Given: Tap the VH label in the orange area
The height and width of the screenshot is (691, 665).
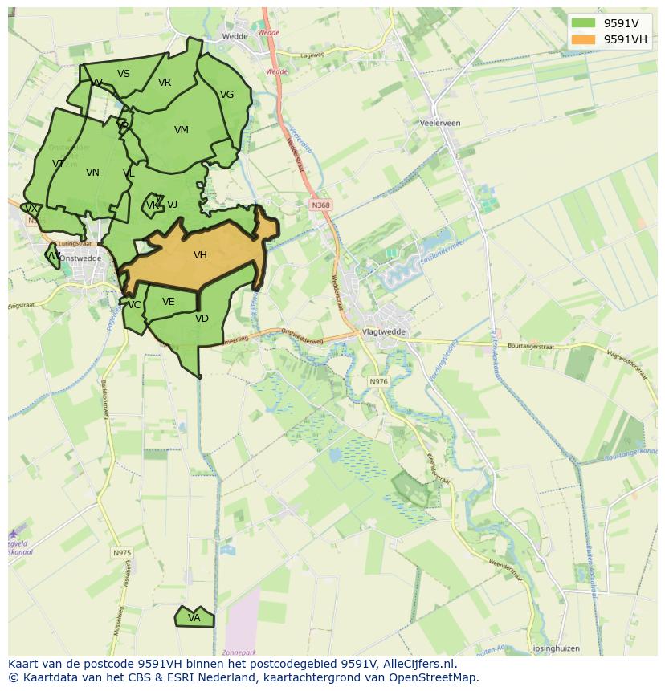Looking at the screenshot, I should (x=200, y=255).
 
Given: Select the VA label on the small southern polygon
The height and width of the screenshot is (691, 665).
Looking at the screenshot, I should (x=194, y=618).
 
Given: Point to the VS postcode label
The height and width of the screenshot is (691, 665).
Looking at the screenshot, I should (x=123, y=74).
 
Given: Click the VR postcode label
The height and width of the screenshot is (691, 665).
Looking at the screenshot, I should (x=165, y=83).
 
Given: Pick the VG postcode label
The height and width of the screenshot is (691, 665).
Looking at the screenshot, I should (x=227, y=95).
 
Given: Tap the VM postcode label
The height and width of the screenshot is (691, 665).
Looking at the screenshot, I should (x=182, y=130).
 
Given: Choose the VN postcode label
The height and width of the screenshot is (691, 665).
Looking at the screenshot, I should (x=92, y=173).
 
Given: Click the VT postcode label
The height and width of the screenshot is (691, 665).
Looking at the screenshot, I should (x=58, y=164).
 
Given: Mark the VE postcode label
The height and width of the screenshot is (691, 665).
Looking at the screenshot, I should (x=168, y=302).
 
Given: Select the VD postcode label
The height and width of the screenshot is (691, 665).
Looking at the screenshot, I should (x=202, y=319).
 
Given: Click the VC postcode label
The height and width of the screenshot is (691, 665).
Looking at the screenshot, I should (x=134, y=305).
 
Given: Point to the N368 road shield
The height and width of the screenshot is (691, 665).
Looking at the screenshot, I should (x=320, y=205).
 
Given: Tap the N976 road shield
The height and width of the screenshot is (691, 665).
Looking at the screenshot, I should (x=378, y=381).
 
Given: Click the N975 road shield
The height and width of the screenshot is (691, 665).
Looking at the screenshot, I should (x=121, y=553).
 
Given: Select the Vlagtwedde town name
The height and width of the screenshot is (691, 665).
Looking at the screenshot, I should (x=385, y=331).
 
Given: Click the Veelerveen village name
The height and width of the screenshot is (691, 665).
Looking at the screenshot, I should (x=440, y=123).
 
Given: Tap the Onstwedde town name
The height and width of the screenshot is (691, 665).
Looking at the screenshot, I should (x=80, y=258).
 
